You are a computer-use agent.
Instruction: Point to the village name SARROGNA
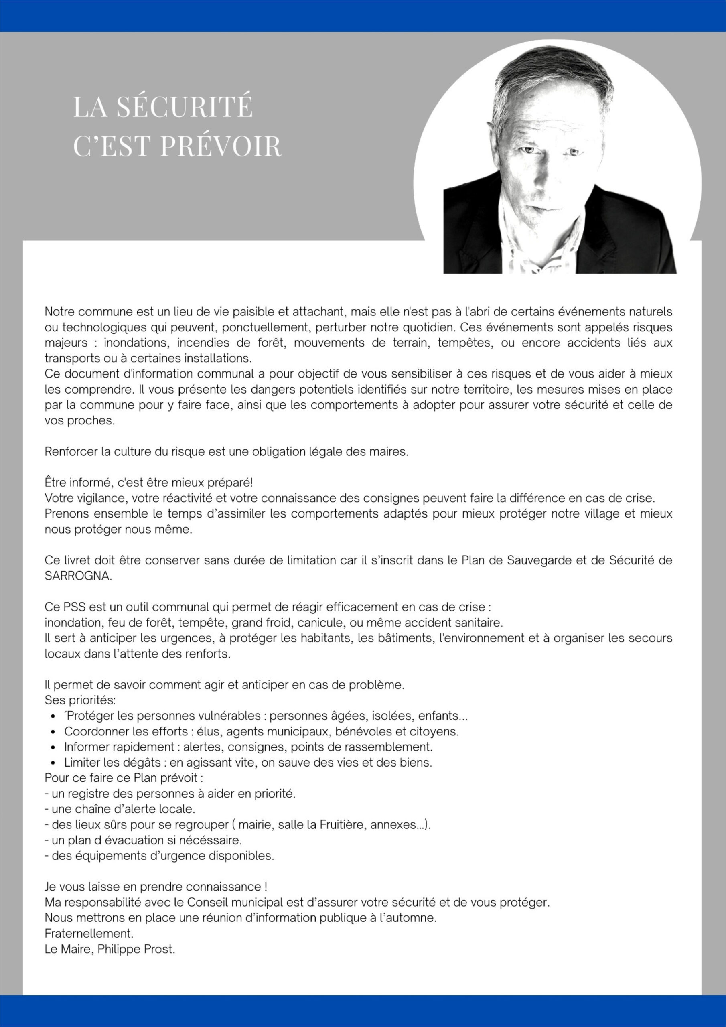point(77,576)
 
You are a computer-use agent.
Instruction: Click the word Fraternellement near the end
point(89,934)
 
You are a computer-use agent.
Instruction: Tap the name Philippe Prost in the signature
point(136,949)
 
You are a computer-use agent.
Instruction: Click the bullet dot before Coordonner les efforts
point(53,732)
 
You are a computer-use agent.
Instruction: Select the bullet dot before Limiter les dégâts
point(53,763)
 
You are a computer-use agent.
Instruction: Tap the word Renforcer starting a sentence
point(71,451)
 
